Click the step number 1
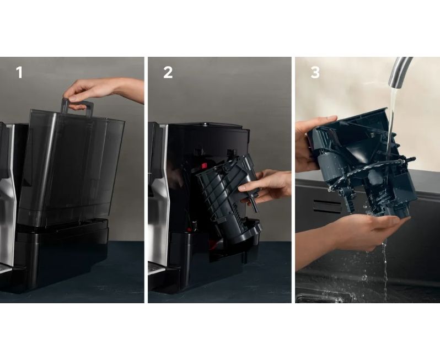click(19, 72)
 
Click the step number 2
click(168, 72)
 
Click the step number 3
click(315, 72)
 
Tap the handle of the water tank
click(77, 106)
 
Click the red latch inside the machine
click(203, 165)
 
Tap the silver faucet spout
click(399, 72)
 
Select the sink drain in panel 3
click(320, 298)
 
